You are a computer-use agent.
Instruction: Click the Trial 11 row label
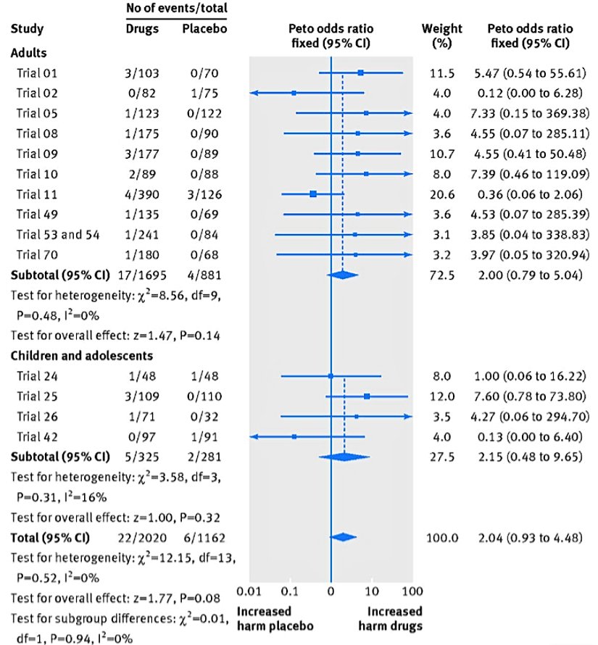point(36,194)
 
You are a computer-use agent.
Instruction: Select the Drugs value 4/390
point(141,194)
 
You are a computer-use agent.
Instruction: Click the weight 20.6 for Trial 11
point(441,194)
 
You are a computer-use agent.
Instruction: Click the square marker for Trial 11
point(312,194)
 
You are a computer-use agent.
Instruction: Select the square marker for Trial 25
point(367,396)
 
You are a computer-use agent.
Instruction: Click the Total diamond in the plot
point(343,537)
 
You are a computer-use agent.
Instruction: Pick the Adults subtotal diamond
point(343,275)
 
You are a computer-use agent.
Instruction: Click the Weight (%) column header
point(441,36)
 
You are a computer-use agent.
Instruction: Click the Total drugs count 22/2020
point(141,537)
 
